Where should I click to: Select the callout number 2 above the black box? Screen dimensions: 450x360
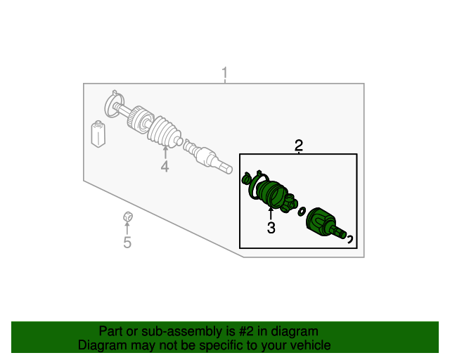click(299, 146)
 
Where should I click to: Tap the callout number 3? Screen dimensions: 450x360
click(271, 228)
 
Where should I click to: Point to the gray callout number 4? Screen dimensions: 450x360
click(165, 167)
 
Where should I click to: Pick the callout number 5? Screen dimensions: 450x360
click(127, 243)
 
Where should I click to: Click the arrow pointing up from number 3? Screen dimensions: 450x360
click(271, 213)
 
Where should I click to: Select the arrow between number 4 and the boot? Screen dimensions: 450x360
click(165, 152)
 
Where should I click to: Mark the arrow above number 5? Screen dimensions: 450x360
click(127, 228)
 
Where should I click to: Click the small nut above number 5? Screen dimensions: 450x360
click(128, 217)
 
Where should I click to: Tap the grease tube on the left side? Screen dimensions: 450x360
click(98, 134)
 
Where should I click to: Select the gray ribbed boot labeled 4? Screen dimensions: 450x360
click(164, 131)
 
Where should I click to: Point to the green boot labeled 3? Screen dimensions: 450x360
click(271, 194)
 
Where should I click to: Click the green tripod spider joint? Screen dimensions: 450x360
click(290, 203)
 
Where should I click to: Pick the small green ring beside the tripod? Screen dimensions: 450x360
click(302, 212)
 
